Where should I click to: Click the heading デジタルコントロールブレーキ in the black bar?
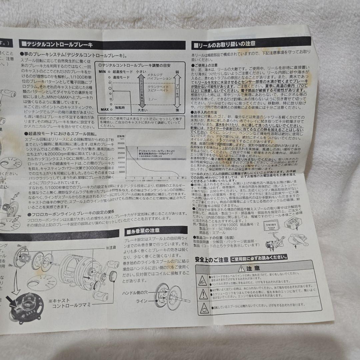(60, 44)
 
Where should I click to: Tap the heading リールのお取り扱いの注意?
(227, 43)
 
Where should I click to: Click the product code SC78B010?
(228, 229)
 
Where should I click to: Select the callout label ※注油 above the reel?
(110, 248)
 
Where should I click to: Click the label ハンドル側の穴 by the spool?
(135, 292)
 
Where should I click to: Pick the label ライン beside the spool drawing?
(141, 301)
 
